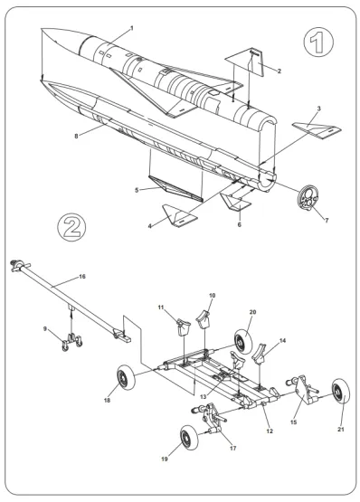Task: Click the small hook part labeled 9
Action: tap(66, 341)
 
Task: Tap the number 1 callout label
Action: tap(131, 28)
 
